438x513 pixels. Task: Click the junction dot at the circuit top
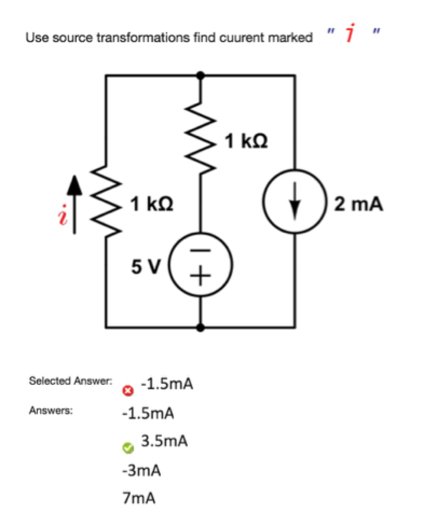pos(202,75)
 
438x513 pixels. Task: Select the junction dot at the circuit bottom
pos(202,327)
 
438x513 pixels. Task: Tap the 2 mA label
pos(359,204)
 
